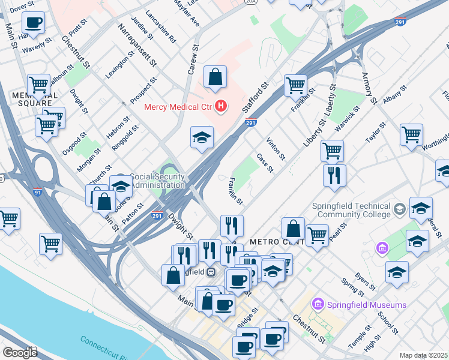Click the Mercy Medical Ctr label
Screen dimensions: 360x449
[179, 107]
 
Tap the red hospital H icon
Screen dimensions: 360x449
[221, 107]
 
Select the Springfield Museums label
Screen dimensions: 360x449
[367, 305]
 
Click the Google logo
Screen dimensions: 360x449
[19, 352]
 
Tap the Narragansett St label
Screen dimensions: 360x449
[137, 45]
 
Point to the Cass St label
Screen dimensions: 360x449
[265, 163]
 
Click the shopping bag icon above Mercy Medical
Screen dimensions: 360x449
[215, 77]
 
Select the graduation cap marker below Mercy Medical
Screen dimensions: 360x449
[202, 137]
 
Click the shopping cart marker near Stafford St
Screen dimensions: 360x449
[295, 85]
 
